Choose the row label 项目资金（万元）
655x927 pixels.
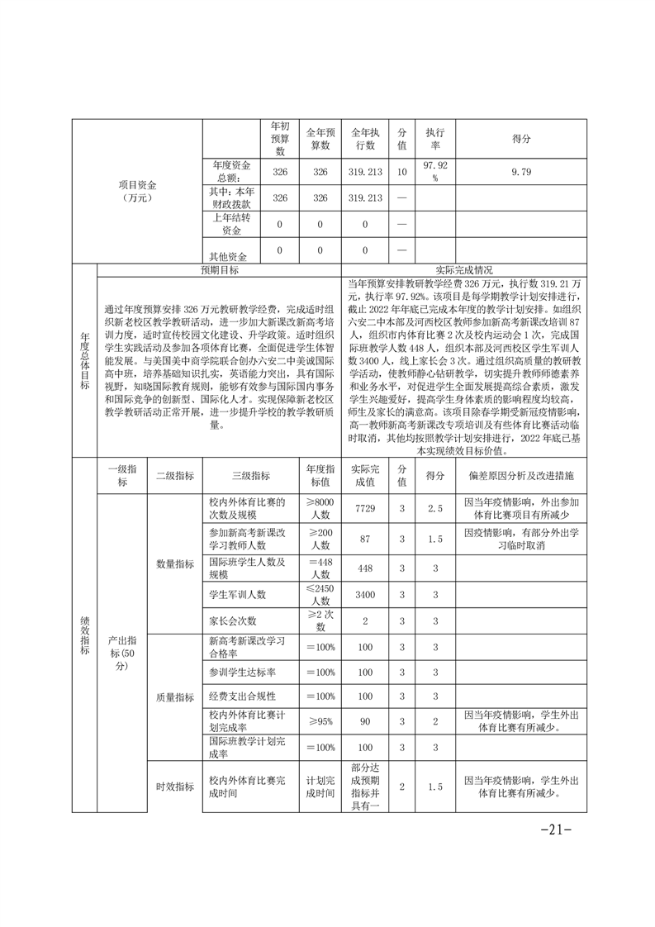(137, 191)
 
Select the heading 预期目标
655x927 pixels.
(219, 270)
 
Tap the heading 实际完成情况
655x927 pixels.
(464, 270)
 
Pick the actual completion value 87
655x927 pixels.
(364, 539)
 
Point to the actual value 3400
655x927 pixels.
(364, 594)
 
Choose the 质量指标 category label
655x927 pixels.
(174, 696)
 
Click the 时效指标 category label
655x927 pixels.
(174, 787)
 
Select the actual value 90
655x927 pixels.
(364, 721)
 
